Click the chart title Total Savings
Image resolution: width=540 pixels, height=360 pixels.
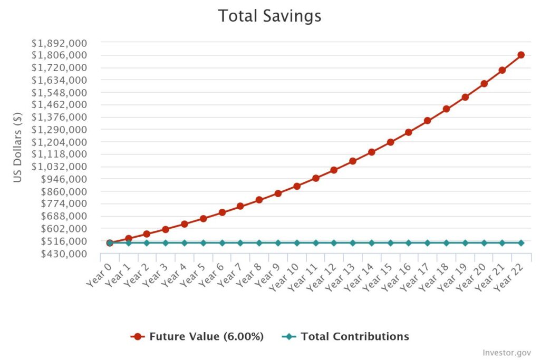click(269, 16)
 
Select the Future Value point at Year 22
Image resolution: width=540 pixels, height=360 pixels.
click(521, 55)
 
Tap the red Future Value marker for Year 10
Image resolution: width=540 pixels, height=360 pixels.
click(297, 186)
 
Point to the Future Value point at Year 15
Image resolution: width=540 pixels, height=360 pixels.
click(390, 142)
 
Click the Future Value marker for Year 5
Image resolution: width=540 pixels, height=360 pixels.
click(203, 218)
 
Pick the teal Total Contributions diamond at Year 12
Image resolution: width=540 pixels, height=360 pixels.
click(334, 243)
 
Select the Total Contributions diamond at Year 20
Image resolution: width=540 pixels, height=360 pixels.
click(484, 243)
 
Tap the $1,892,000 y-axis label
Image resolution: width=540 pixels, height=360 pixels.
click(59, 43)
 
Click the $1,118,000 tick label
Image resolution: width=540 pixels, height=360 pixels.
click(59, 154)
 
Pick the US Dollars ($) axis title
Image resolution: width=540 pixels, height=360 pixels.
click(18, 147)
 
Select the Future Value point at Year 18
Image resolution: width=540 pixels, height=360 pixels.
click(446, 109)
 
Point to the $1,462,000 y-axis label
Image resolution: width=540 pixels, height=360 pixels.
click(59, 105)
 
